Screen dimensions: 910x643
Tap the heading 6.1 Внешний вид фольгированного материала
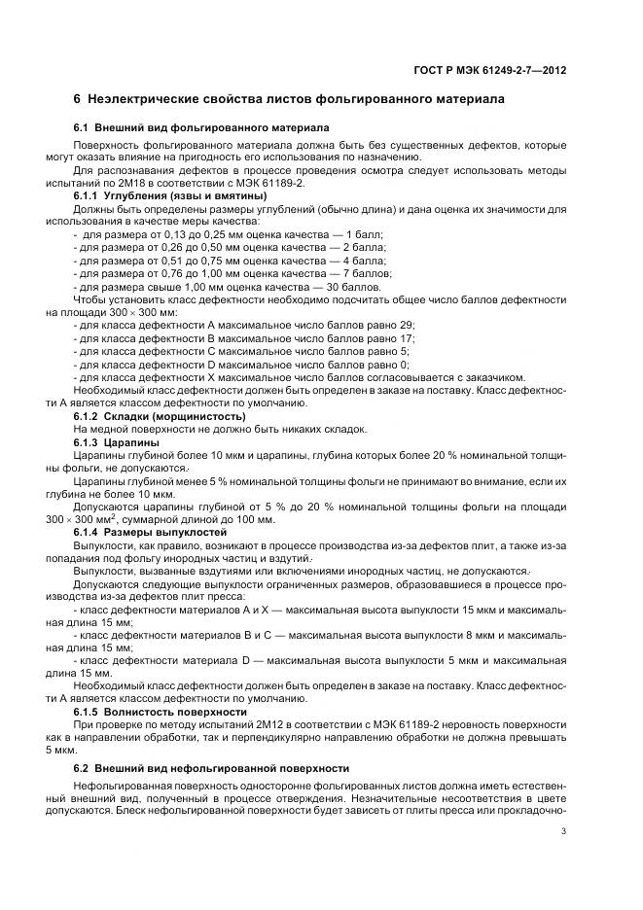[201, 128]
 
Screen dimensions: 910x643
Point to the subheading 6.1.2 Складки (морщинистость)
[160, 416]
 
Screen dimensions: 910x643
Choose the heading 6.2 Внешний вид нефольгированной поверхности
[212, 768]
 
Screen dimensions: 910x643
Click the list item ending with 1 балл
[230, 234]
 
